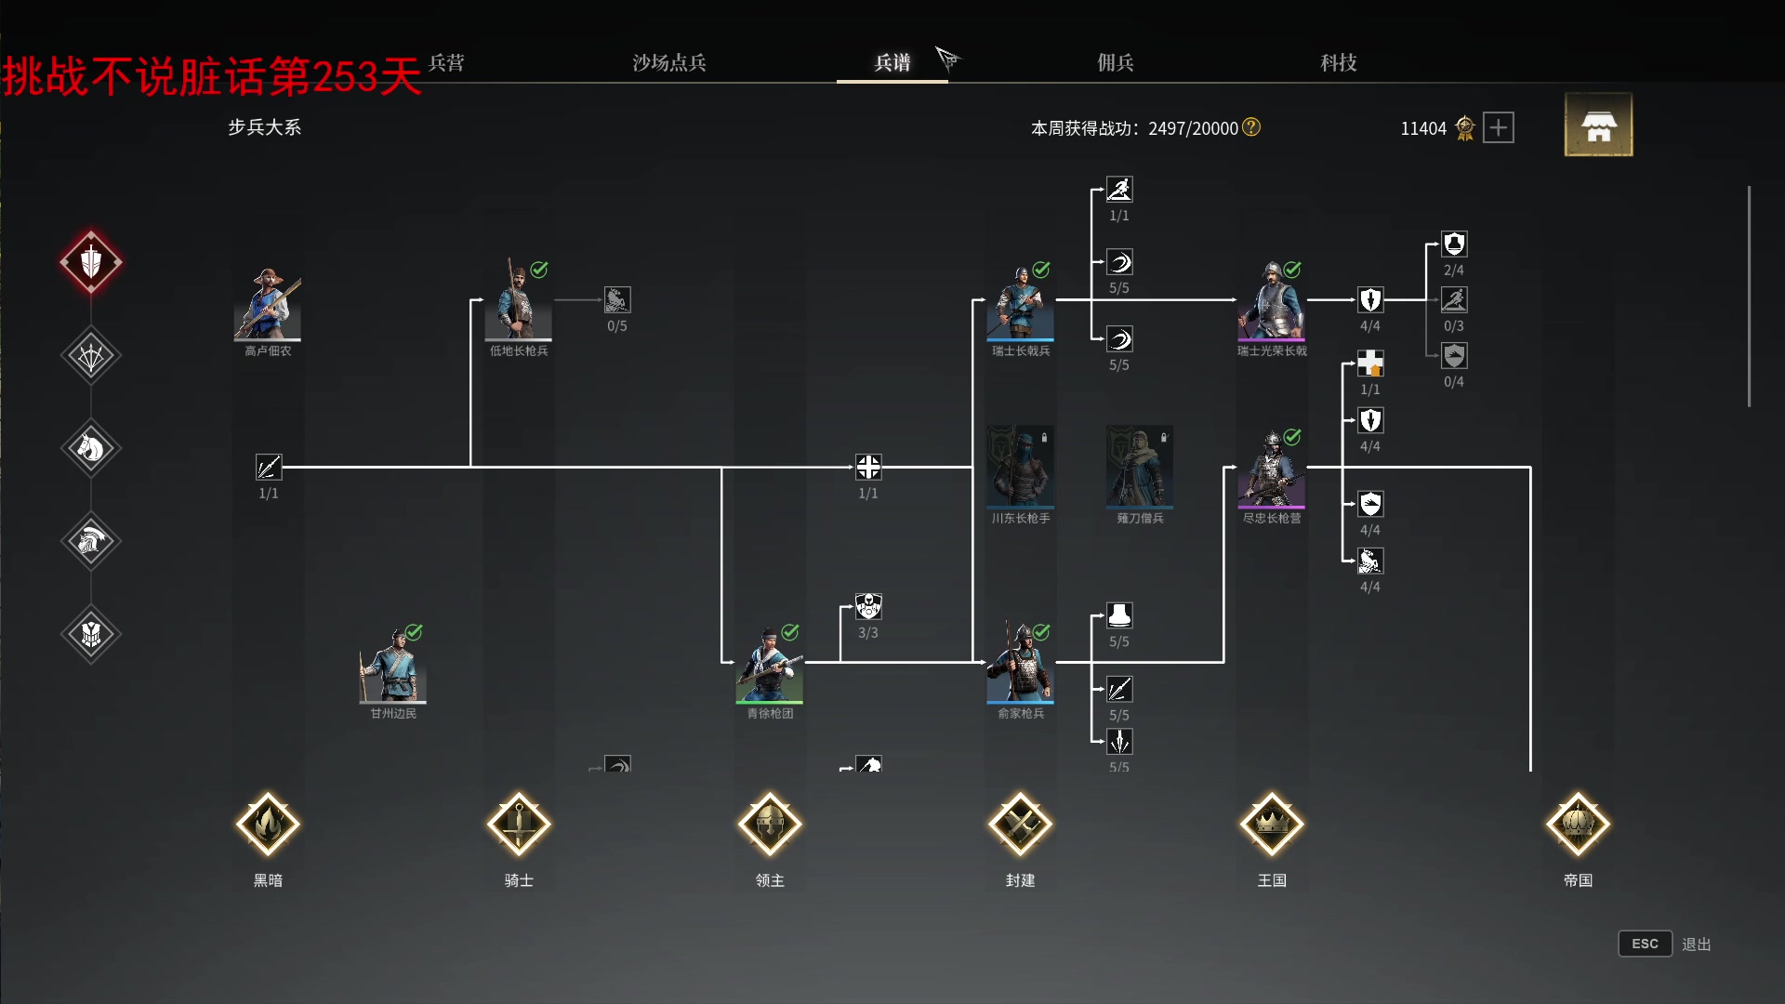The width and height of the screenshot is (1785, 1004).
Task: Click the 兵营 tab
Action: point(446,62)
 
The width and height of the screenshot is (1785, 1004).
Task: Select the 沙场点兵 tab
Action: point(669,62)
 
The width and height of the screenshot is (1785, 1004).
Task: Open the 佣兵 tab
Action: point(1115,62)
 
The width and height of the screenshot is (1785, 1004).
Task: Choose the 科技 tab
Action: point(1338,62)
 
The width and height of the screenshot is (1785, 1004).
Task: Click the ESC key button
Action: point(1645,944)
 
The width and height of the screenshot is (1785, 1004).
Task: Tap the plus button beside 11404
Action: point(1498,127)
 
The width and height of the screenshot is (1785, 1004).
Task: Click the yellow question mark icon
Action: point(1251,126)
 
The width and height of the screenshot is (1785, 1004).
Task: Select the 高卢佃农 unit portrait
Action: point(268,304)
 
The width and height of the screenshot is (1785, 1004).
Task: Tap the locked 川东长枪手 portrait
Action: point(1021,467)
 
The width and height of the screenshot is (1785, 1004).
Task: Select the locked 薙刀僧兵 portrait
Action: point(1140,467)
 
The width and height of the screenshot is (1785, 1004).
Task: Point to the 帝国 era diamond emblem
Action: point(1578,824)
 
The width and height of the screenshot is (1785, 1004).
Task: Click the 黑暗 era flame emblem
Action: point(268,824)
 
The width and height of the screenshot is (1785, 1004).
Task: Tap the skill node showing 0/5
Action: point(617,300)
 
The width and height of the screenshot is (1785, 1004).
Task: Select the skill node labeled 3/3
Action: point(868,607)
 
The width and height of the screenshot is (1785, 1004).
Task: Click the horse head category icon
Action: point(91,448)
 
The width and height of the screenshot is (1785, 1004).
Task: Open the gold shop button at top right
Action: point(1598,125)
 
